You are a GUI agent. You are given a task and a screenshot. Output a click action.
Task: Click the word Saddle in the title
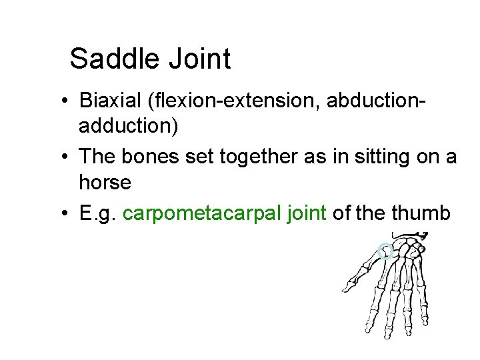(x=114, y=59)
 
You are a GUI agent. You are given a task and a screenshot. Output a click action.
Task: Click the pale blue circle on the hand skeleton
(x=384, y=252)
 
